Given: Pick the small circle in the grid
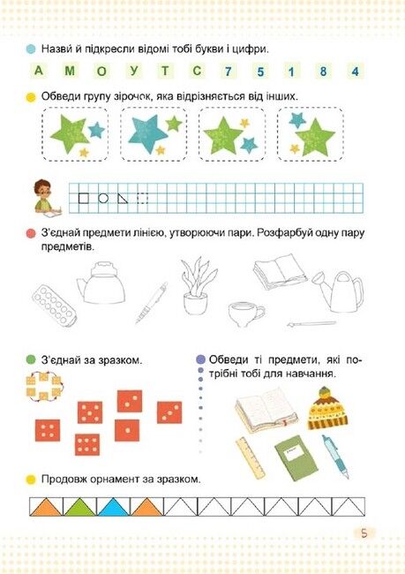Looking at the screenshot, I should point(103,198).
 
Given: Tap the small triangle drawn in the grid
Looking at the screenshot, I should point(122,198).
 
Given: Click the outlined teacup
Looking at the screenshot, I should point(245,313).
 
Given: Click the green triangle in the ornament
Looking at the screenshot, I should point(79,508).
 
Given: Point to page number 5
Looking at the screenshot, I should point(364,533).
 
